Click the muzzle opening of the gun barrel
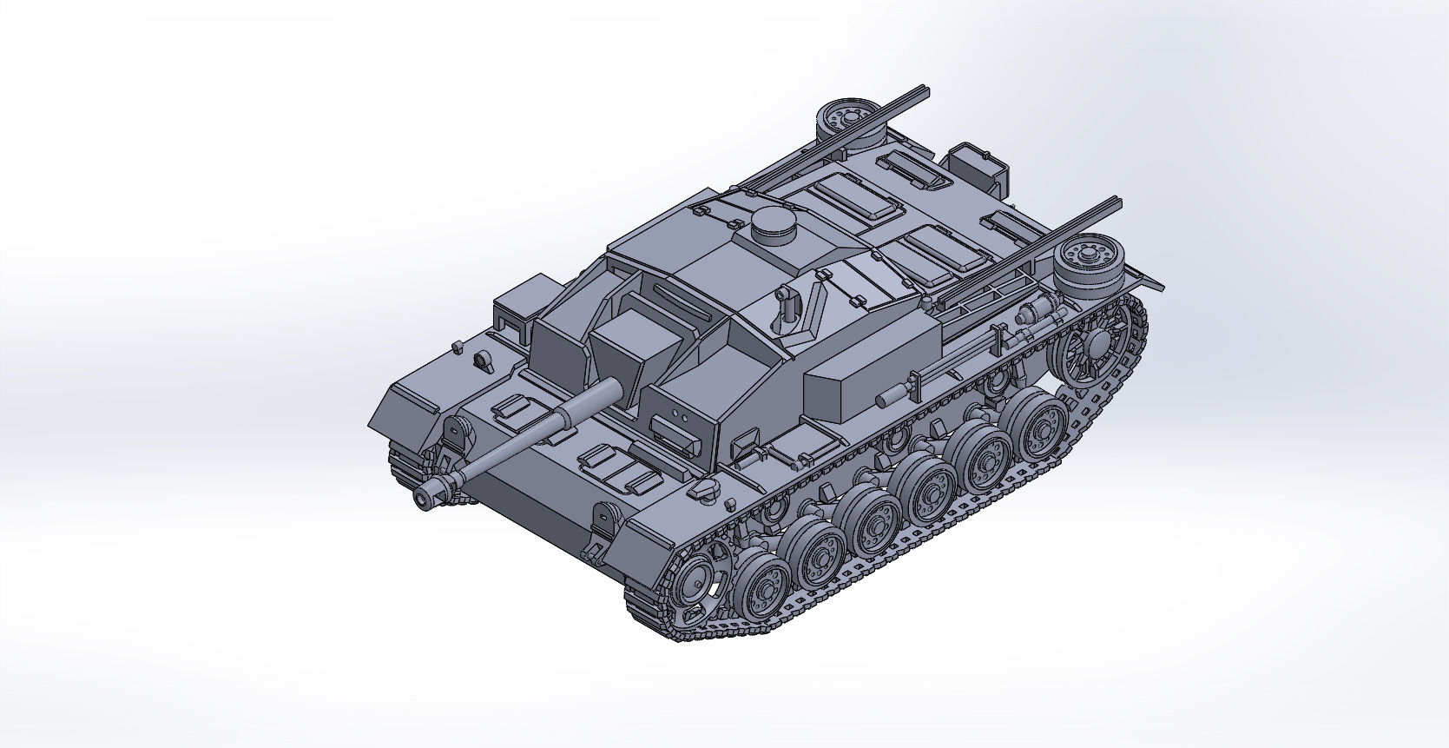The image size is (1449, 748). [x=424, y=499]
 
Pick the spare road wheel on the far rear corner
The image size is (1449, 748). [x=849, y=119]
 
